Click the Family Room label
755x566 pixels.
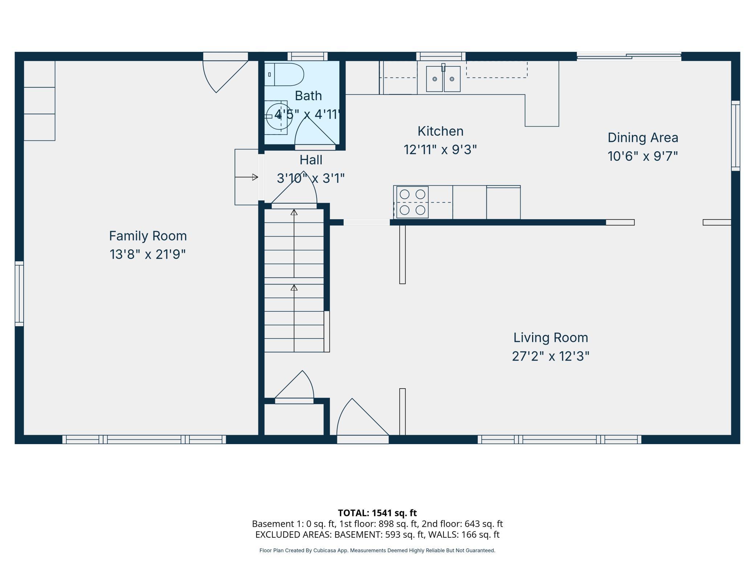[x=148, y=236]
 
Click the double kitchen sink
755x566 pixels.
[x=443, y=79]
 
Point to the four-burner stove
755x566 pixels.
[x=412, y=202]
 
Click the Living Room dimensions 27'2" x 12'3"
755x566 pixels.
[x=550, y=356]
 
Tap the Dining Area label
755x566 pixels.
[x=642, y=138]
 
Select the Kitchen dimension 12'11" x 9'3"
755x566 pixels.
[x=440, y=149]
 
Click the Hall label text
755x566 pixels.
[x=311, y=160]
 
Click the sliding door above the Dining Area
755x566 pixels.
[x=629, y=56]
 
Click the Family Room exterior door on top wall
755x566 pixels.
[x=225, y=73]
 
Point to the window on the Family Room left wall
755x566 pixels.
[x=19, y=294]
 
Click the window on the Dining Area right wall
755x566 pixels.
[x=735, y=136]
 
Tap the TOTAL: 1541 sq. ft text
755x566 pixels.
[x=377, y=513]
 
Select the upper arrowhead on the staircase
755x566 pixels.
[x=294, y=212]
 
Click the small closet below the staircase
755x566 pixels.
[x=294, y=419]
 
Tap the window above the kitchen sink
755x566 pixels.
[x=441, y=56]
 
